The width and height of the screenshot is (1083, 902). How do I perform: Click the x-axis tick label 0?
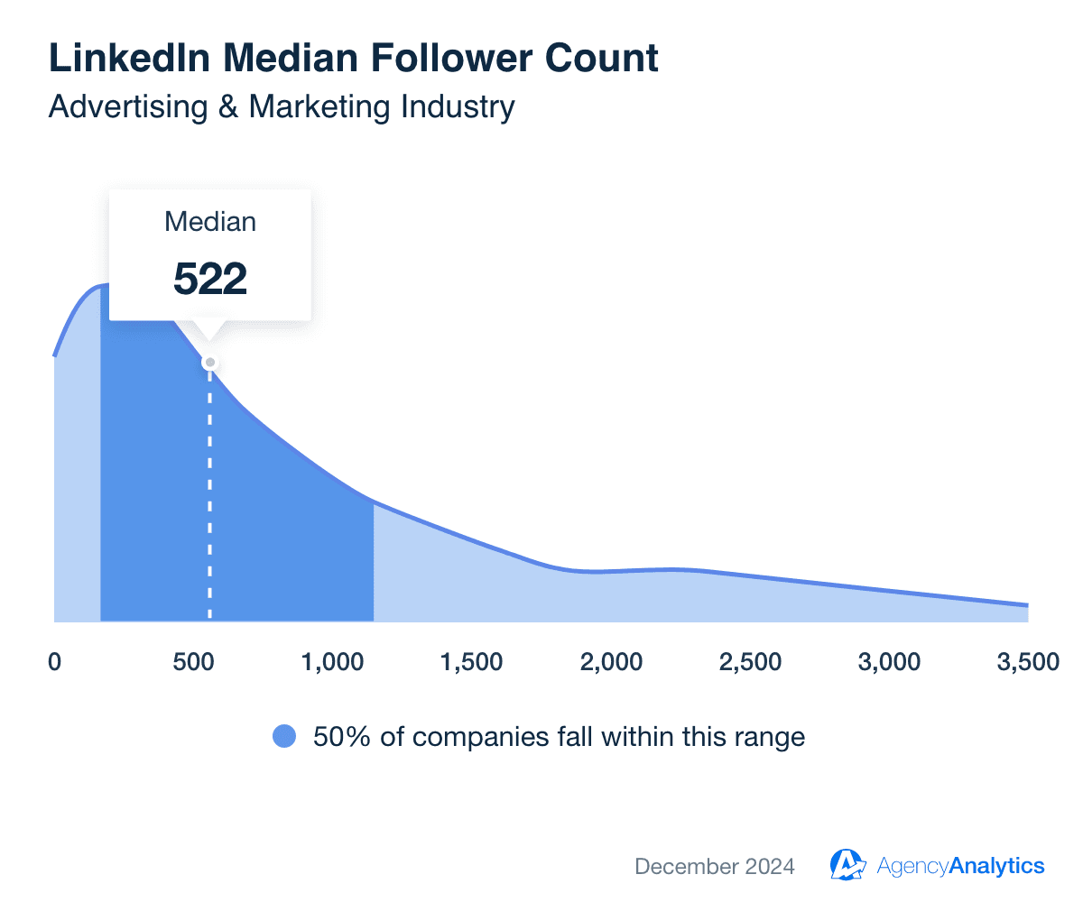[x=54, y=662]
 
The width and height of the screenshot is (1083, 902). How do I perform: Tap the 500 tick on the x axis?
[x=193, y=662]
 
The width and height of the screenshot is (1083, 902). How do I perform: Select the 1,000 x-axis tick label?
[x=332, y=662]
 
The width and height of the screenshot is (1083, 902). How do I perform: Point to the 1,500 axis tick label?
[x=471, y=662]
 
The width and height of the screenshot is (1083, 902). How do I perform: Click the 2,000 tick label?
[x=611, y=662]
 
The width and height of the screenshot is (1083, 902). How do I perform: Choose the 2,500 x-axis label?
[x=751, y=662]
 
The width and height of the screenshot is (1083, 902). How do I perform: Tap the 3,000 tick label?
[x=890, y=662]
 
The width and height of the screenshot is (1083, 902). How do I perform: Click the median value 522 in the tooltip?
[x=210, y=279]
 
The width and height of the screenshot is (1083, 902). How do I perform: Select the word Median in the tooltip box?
[x=210, y=222]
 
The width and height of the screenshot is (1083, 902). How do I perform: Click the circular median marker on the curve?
[x=210, y=363]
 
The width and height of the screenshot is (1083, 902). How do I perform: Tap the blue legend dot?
[x=284, y=737]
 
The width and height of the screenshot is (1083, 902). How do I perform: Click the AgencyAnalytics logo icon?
[x=847, y=866]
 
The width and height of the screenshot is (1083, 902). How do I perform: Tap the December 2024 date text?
[x=715, y=867]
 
